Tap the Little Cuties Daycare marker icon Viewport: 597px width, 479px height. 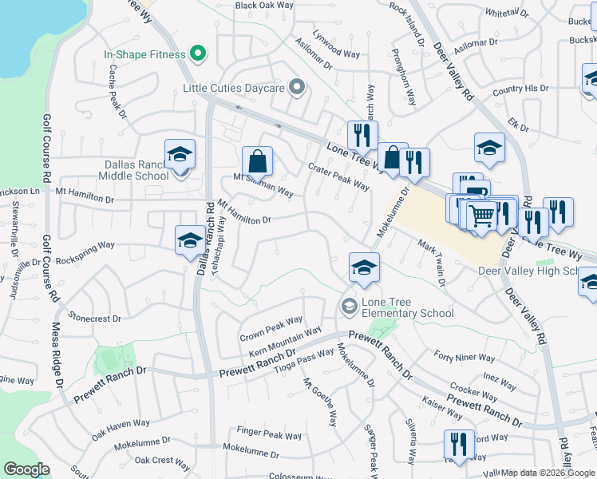coord(297,87)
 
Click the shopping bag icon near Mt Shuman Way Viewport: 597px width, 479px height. coord(258,161)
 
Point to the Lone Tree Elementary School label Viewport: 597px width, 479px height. coord(407,307)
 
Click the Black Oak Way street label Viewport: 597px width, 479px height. coord(264,6)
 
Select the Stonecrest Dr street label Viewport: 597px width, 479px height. coord(94,318)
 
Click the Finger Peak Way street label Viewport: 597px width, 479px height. coord(269,435)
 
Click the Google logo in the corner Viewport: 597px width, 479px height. coord(26,469)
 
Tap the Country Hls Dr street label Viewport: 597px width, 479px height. coord(520,89)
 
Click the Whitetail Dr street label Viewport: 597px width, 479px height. coord(507,14)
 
